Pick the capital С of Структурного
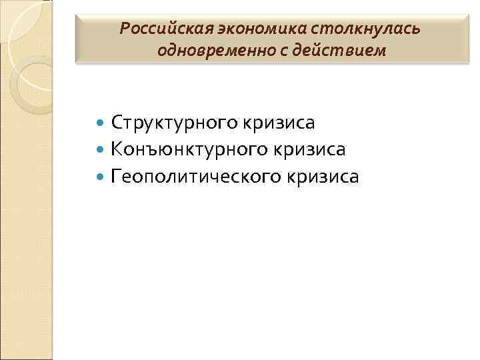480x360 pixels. [118, 123]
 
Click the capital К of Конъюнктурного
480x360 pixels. [119, 149]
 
